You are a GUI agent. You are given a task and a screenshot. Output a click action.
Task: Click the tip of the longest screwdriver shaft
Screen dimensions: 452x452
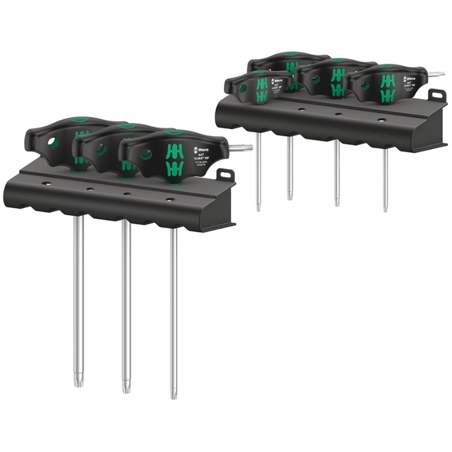(173, 395)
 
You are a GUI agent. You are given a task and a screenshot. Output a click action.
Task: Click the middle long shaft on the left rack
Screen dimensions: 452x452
(126, 305)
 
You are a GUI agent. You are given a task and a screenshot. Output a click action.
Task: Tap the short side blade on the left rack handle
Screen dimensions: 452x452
(242, 148)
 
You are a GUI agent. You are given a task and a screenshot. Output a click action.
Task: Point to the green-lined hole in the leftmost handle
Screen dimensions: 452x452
(53, 143)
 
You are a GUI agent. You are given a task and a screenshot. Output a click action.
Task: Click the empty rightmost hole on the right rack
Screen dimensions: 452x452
(381, 120)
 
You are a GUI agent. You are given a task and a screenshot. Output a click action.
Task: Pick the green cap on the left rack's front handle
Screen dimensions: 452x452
(173, 133)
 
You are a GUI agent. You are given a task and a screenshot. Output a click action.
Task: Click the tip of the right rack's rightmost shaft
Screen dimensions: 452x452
(385, 208)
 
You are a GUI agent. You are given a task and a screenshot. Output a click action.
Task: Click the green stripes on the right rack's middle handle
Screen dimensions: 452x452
(338, 82)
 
